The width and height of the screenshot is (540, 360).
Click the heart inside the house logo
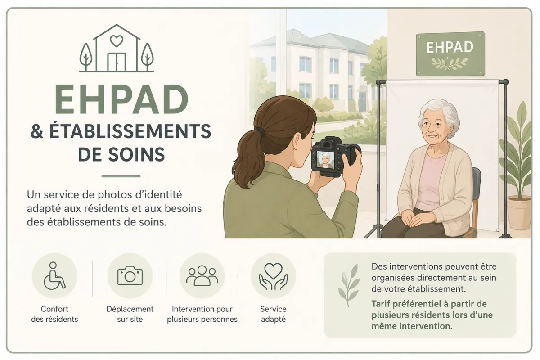[117, 41]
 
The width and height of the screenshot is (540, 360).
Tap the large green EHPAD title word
[121, 99]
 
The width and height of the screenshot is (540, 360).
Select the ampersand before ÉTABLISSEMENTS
[37, 131]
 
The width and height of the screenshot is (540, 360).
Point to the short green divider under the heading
[121, 176]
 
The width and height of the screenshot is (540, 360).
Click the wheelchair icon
[54, 275]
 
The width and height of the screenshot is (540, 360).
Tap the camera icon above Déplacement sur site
[130, 275]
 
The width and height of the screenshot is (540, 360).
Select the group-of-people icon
[202, 275]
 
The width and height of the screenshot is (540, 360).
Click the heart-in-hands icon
[274, 276]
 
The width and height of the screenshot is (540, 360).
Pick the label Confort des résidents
[54, 314]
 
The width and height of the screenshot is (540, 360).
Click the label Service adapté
[274, 314]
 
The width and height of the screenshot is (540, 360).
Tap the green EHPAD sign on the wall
[450, 54]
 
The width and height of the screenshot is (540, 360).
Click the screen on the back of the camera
[325, 160]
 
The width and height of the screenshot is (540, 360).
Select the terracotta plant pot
[519, 212]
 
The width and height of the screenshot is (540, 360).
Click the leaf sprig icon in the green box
[349, 285]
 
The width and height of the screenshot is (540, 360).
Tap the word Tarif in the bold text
[380, 304]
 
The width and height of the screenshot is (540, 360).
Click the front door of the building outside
[362, 102]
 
